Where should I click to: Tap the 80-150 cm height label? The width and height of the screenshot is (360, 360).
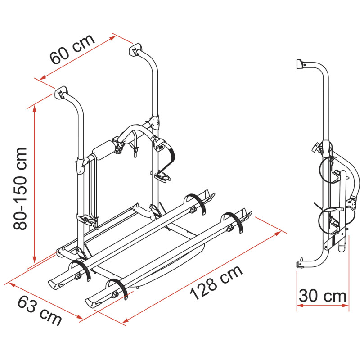pos(20,189)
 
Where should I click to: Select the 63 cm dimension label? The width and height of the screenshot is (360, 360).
pos(40,310)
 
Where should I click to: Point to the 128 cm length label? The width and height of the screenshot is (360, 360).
pos(216,283)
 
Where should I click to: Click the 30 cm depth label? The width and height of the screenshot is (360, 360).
pos(323,296)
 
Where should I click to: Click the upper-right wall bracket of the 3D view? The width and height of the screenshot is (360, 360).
pos(135,49)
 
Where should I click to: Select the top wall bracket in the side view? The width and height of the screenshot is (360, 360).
pos(300,64)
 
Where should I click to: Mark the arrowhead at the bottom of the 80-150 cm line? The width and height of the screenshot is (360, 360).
pos(35,260)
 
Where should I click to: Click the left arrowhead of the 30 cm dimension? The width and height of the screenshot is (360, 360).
pos(300,306)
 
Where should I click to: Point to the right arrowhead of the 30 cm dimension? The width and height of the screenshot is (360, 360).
pos(346,306)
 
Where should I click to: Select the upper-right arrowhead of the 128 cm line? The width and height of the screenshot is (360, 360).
pos(278,234)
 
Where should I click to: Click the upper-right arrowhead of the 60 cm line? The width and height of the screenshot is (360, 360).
pos(112,38)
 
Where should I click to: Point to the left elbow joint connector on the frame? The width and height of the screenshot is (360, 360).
pos(81,166)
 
